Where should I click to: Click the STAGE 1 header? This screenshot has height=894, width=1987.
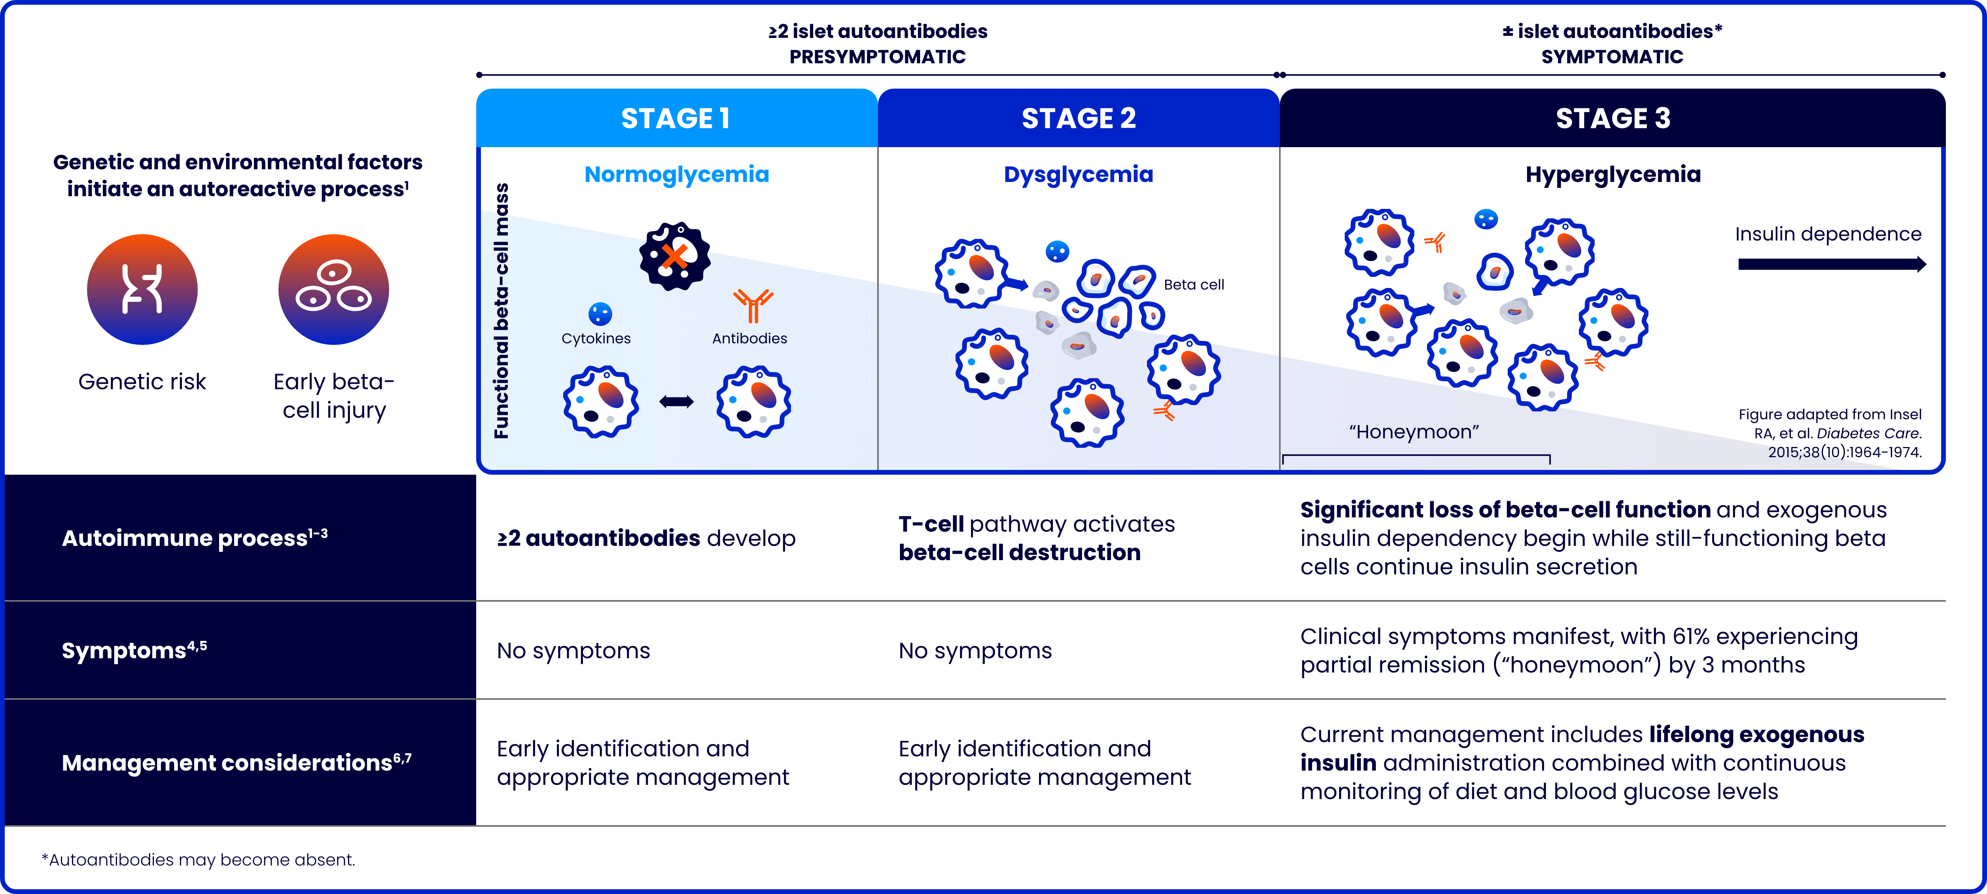(676, 118)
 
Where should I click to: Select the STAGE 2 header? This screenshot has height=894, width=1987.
(1079, 118)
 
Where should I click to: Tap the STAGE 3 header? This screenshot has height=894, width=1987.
(1612, 118)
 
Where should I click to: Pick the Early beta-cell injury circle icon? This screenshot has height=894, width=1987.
(333, 289)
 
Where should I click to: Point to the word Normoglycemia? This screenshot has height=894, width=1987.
(676, 174)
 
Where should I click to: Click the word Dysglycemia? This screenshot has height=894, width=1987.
(1079, 174)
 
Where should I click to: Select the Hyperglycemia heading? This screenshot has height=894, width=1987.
(1612, 174)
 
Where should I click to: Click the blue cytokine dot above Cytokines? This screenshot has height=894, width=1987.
(600, 313)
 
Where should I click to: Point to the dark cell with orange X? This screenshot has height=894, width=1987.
(675, 256)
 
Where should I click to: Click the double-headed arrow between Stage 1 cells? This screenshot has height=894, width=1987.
(676, 401)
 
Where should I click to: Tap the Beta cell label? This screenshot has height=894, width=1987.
(1193, 285)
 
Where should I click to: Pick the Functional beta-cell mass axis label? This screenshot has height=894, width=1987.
(501, 311)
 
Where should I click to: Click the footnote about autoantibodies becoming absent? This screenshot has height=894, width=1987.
(198, 859)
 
